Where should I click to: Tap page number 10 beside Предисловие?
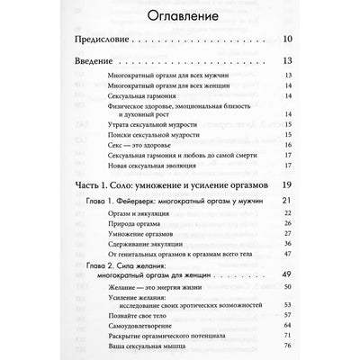tap(286, 64)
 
